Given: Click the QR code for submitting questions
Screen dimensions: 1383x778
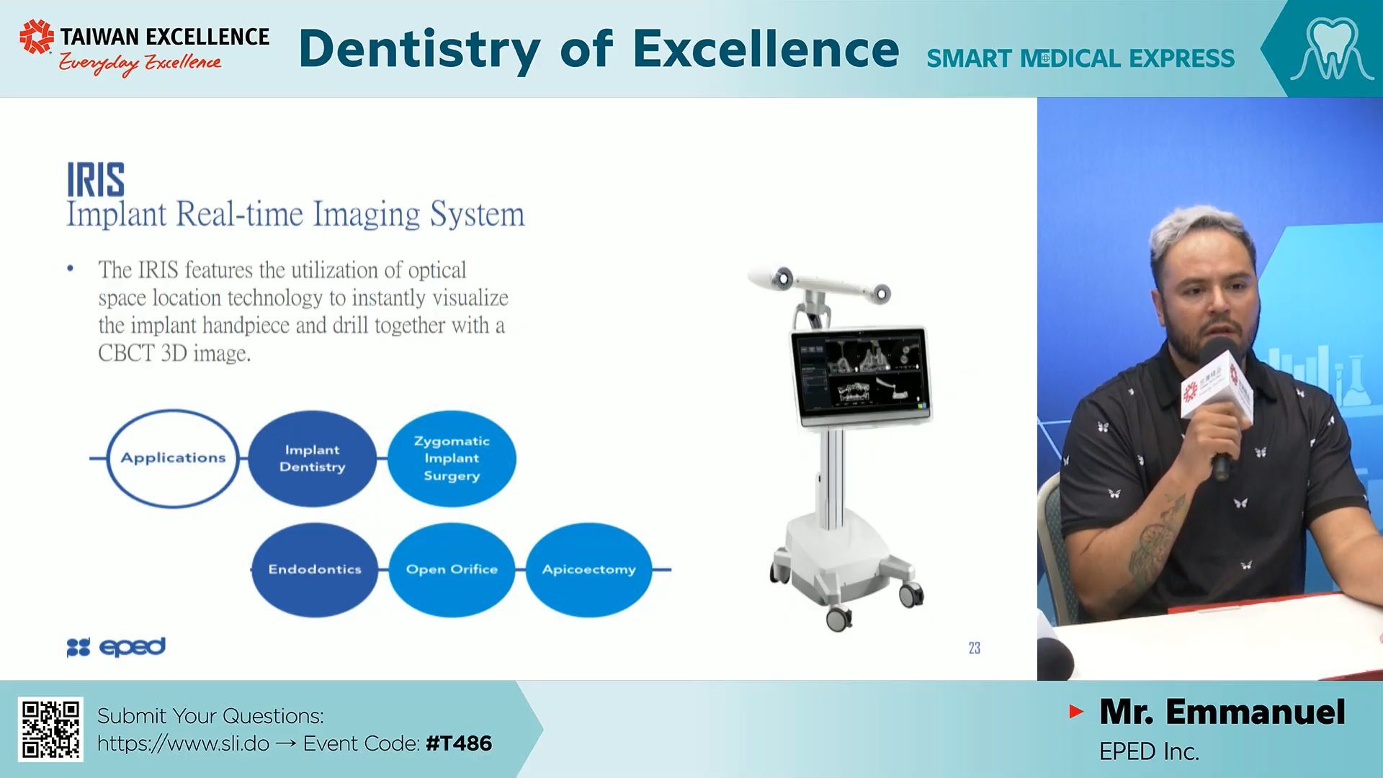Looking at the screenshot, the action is click(x=50, y=729).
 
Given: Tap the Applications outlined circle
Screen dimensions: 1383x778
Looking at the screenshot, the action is click(x=108, y=458).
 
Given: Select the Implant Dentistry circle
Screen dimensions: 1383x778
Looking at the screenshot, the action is click(x=312, y=458).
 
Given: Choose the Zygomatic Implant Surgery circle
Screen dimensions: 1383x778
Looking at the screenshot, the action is click(x=452, y=458).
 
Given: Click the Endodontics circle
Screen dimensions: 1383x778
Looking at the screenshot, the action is click(x=315, y=569).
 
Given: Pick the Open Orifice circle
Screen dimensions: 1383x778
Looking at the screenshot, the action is click(x=452, y=569).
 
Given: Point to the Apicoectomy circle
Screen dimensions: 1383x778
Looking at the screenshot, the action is click(x=589, y=569).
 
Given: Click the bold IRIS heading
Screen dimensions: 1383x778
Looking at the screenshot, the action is click(x=96, y=180).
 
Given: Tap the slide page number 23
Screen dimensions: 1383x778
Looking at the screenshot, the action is click(x=975, y=648).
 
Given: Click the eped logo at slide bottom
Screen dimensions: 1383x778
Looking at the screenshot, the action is click(x=116, y=647).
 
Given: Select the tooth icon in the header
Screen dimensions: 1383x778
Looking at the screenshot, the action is click(x=1332, y=48).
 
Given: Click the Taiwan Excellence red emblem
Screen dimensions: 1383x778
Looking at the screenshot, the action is click(x=37, y=37).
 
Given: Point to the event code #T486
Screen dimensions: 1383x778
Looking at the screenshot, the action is click(x=459, y=743).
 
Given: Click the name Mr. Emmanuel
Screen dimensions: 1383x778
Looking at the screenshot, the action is click(x=1222, y=712).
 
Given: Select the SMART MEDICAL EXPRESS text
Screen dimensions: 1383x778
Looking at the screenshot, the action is click(x=1080, y=58).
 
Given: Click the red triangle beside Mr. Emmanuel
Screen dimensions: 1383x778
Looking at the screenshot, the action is click(x=1076, y=712).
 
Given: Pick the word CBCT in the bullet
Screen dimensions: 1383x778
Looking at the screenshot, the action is click(x=126, y=353).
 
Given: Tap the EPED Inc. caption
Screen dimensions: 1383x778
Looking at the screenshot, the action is click(x=1149, y=752).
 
